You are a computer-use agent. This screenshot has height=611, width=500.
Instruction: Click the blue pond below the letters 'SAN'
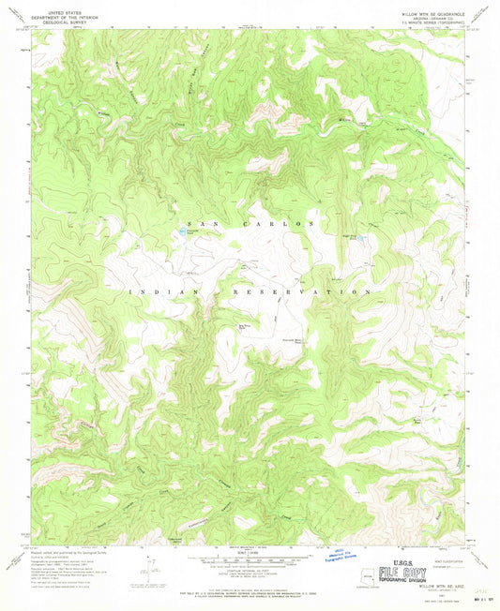(x=177, y=231)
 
